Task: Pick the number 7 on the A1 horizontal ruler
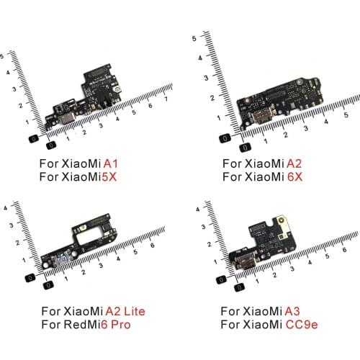click(166, 96)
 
